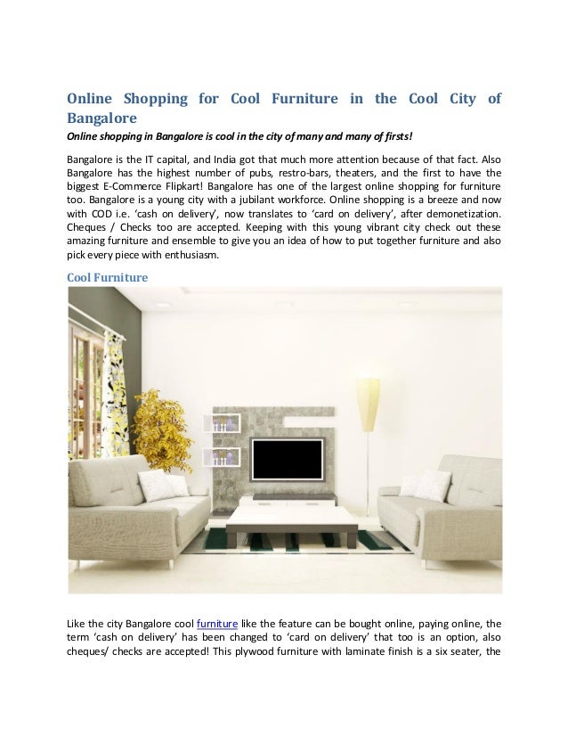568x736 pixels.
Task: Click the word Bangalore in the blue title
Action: [x=101, y=118]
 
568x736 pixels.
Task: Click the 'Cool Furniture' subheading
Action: [x=108, y=278]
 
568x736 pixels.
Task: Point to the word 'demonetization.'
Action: [x=459, y=215]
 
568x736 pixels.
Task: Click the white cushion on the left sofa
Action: [x=161, y=486]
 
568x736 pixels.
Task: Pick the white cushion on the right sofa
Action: [x=425, y=485]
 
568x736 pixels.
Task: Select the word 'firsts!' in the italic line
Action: [x=392, y=135]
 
